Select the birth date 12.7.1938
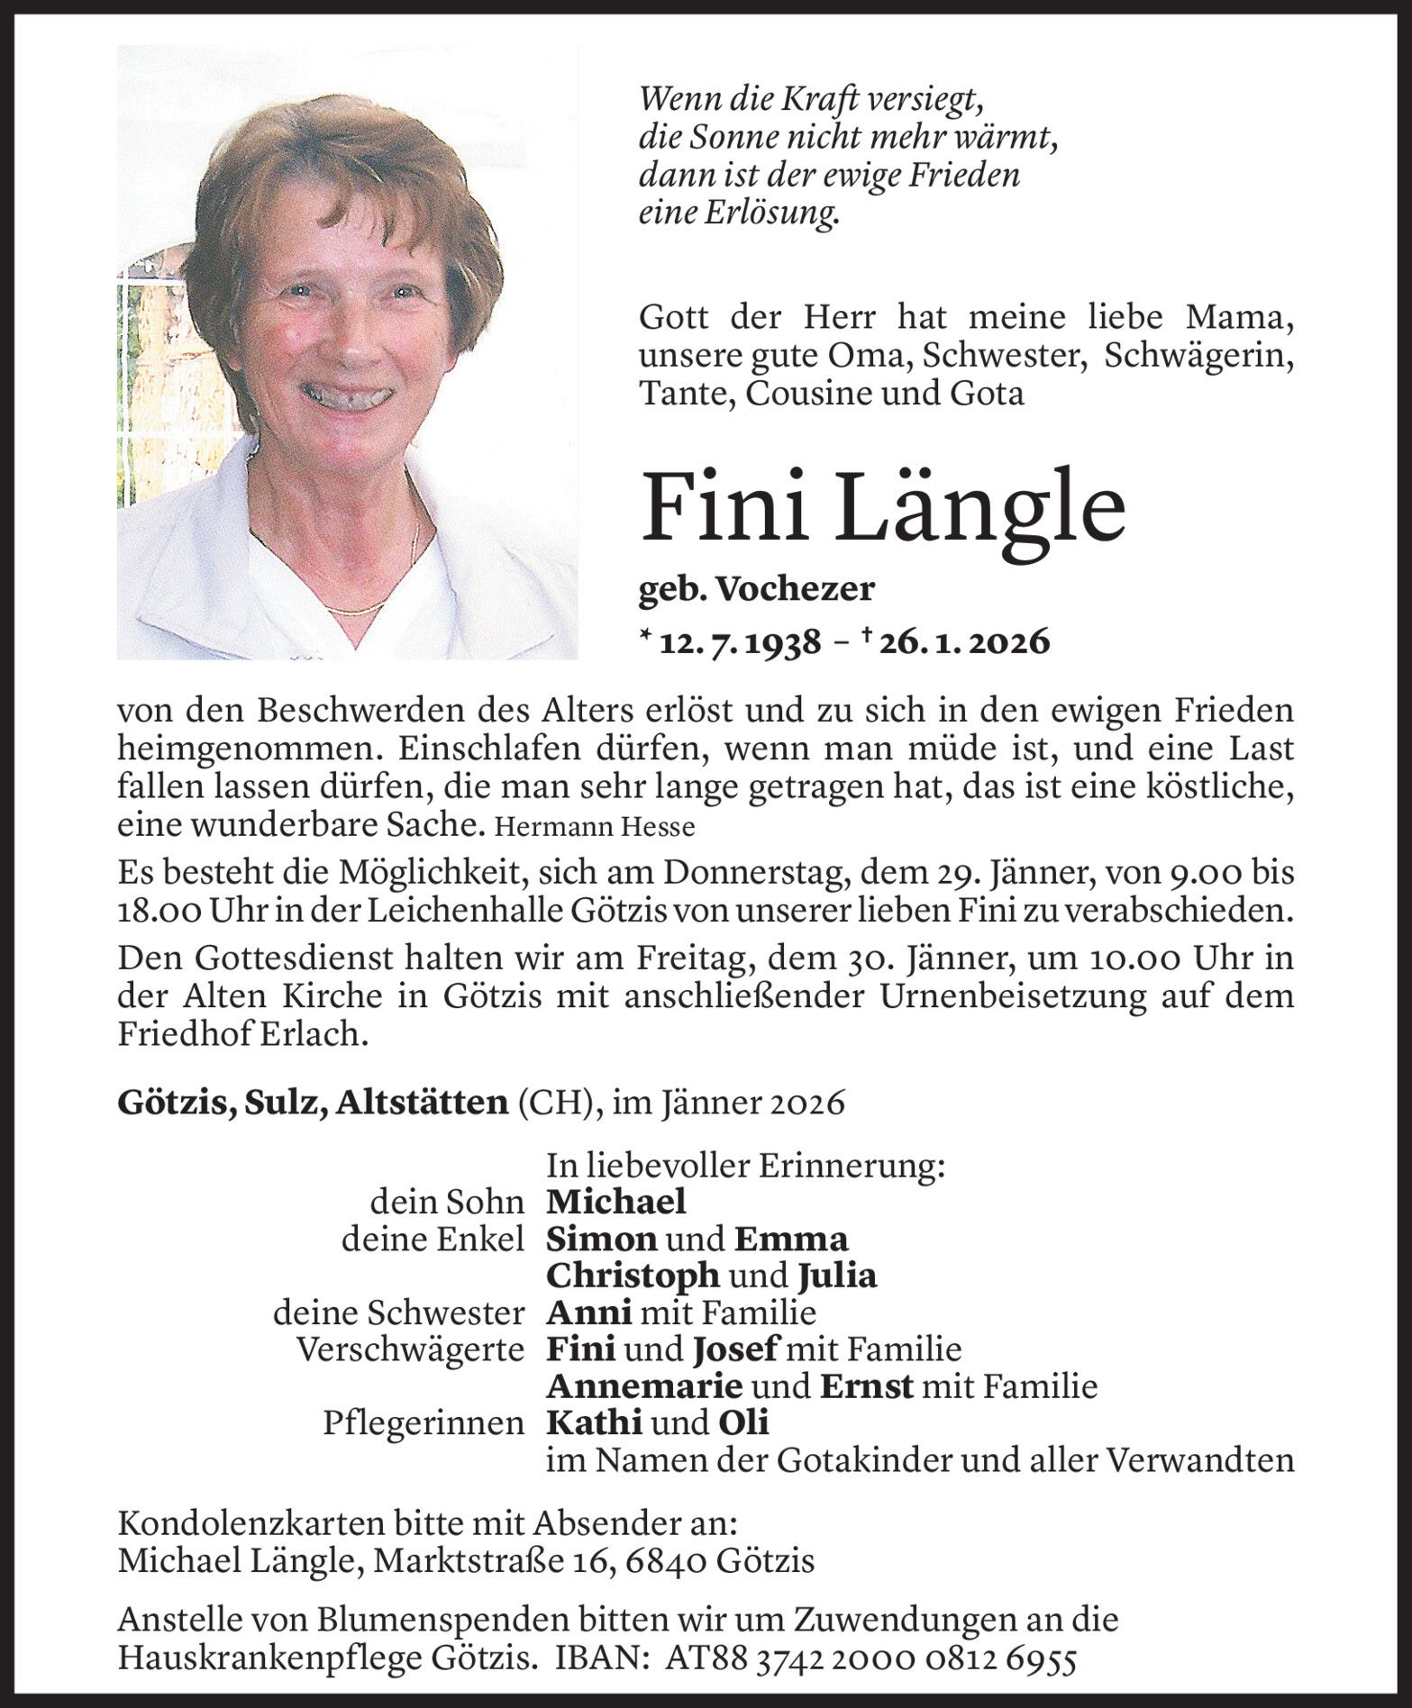(740, 642)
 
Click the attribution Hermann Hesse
(596, 826)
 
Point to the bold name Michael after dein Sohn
(616, 1202)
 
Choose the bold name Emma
(791, 1240)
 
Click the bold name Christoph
(633, 1276)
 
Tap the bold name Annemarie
(644, 1385)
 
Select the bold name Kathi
(594, 1422)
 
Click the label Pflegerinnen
(424, 1423)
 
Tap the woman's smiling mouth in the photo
(348, 394)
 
